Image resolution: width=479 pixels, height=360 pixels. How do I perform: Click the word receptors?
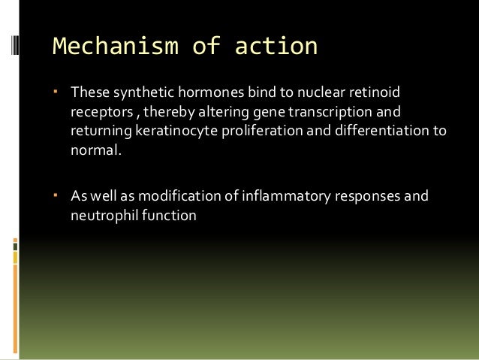point(98,113)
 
